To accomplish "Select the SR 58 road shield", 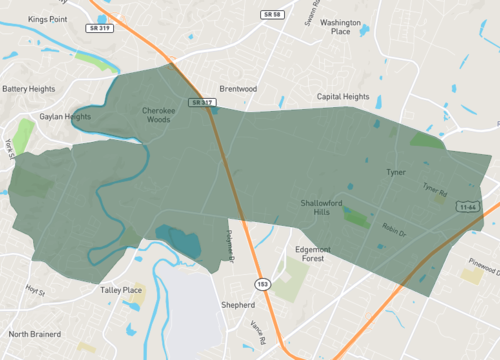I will (272, 15).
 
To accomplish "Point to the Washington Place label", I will (341, 26).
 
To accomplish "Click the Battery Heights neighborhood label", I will (28, 89).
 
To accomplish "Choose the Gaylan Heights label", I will (65, 116).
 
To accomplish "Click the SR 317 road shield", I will (202, 102).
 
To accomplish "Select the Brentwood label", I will (238, 89).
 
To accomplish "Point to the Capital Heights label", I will (343, 97).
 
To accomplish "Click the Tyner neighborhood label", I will (396, 172).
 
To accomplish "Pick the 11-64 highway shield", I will (467, 206).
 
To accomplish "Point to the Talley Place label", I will (121, 290).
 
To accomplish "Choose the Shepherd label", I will (238, 304).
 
